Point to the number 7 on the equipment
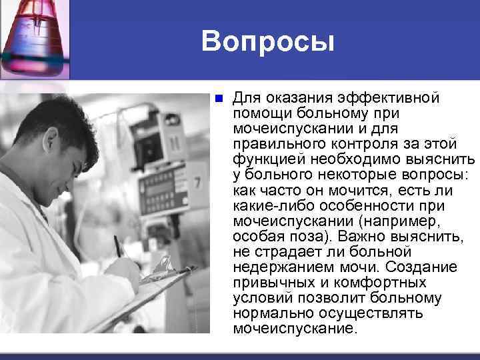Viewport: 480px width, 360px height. [197, 182]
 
